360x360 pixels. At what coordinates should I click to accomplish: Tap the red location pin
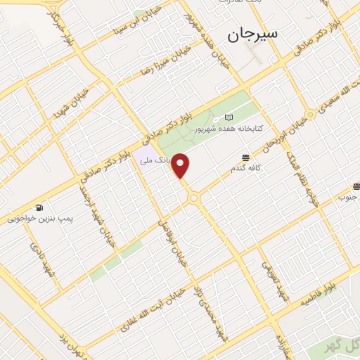coord(181,166)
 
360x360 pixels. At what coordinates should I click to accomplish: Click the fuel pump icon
coord(39,208)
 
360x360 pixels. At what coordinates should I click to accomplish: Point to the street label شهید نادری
coord(43,259)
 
